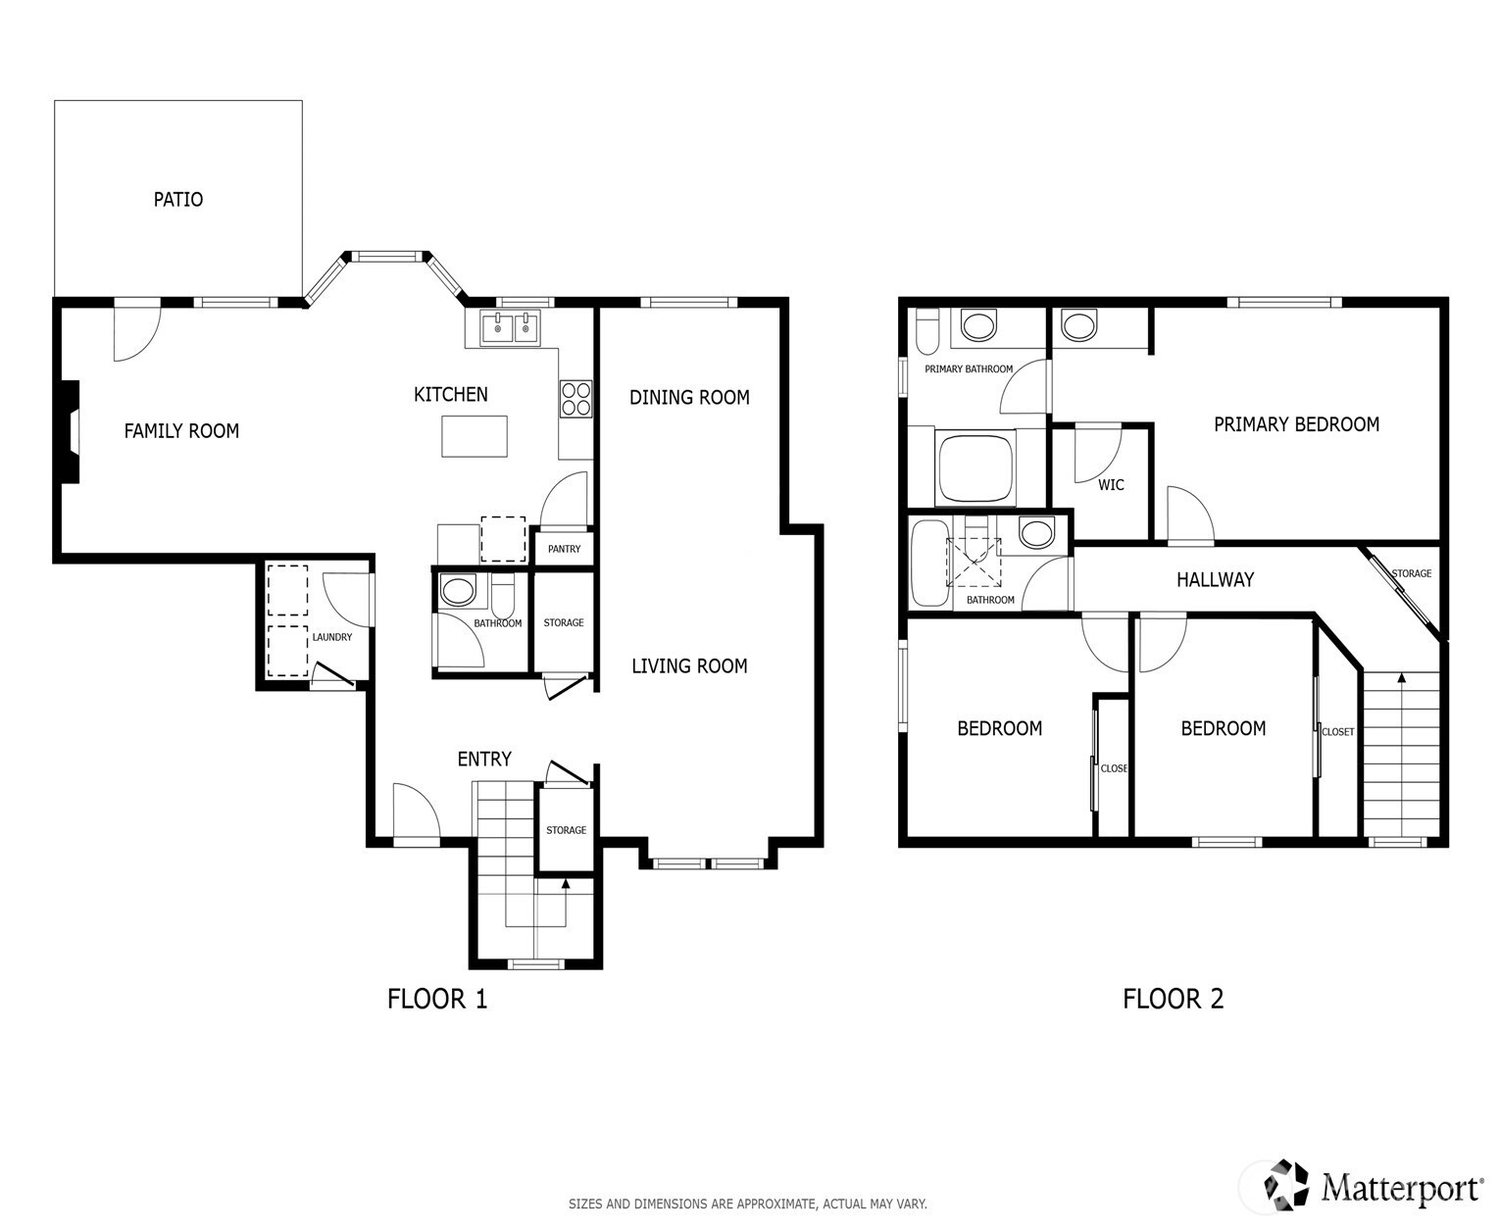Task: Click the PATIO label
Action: point(177,199)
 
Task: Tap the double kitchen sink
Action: point(510,328)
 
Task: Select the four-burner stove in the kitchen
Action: point(575,399)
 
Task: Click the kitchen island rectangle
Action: point(475,436)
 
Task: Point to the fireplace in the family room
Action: point(70,432)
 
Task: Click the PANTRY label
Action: point(564,549)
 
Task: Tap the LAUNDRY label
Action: point(332,637)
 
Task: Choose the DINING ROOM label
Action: point(689,398)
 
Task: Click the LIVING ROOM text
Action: point(689,666)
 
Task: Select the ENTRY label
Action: point(484,760)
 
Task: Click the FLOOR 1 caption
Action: point(436,999)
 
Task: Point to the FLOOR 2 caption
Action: point(1173,999)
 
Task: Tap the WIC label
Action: point(1111,485)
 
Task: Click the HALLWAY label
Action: point(1215,580)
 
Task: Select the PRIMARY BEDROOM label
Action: point(1296,424)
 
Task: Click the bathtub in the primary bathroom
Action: point(976,469)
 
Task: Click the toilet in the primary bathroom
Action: point(927,330)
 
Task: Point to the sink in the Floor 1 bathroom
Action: point(457,590)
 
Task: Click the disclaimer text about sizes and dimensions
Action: point(747,1203)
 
